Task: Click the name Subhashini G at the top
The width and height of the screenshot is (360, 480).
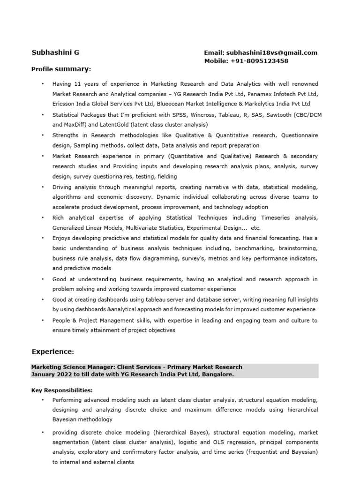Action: tap(52, 52)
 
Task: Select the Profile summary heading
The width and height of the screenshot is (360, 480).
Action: tap(61, 69)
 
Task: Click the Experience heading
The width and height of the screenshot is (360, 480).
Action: tap(53, 351)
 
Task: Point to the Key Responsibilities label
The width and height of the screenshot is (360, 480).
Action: tap(62, 390)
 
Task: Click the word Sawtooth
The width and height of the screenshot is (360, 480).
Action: tap(279, 115)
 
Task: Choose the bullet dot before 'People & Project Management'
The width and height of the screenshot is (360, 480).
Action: tap(43, 321)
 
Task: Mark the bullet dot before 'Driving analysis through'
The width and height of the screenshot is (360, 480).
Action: tap(43, 187)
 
